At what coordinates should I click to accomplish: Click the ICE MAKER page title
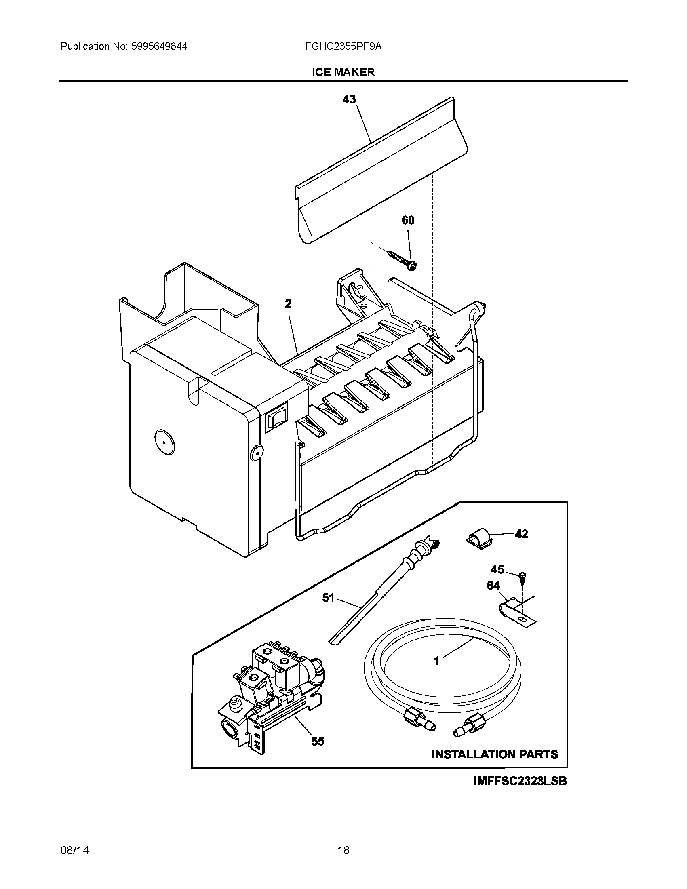click(x=343, y=72)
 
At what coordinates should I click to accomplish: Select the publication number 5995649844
click(x=159, y=46)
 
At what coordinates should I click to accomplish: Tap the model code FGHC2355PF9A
click(x=343, y=46)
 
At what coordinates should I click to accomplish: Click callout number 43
click(x=349, y=99)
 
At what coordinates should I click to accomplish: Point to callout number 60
click(x=408, y=220)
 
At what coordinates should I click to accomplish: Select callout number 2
click(x=288, y=303)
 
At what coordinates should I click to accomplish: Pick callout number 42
click(x=521, y=534)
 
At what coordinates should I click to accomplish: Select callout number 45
click(x=497, y=569)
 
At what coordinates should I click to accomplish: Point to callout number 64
click(x=493, y=586)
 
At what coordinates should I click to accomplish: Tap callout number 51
click(x=328, y=598)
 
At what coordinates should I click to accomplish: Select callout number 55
click(x=318, y=741)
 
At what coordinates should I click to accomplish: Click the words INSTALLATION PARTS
click(x=495, y=754)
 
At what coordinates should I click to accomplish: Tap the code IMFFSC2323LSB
click(x=520, y=781)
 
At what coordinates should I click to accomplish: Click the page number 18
click(x=343, y=850)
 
